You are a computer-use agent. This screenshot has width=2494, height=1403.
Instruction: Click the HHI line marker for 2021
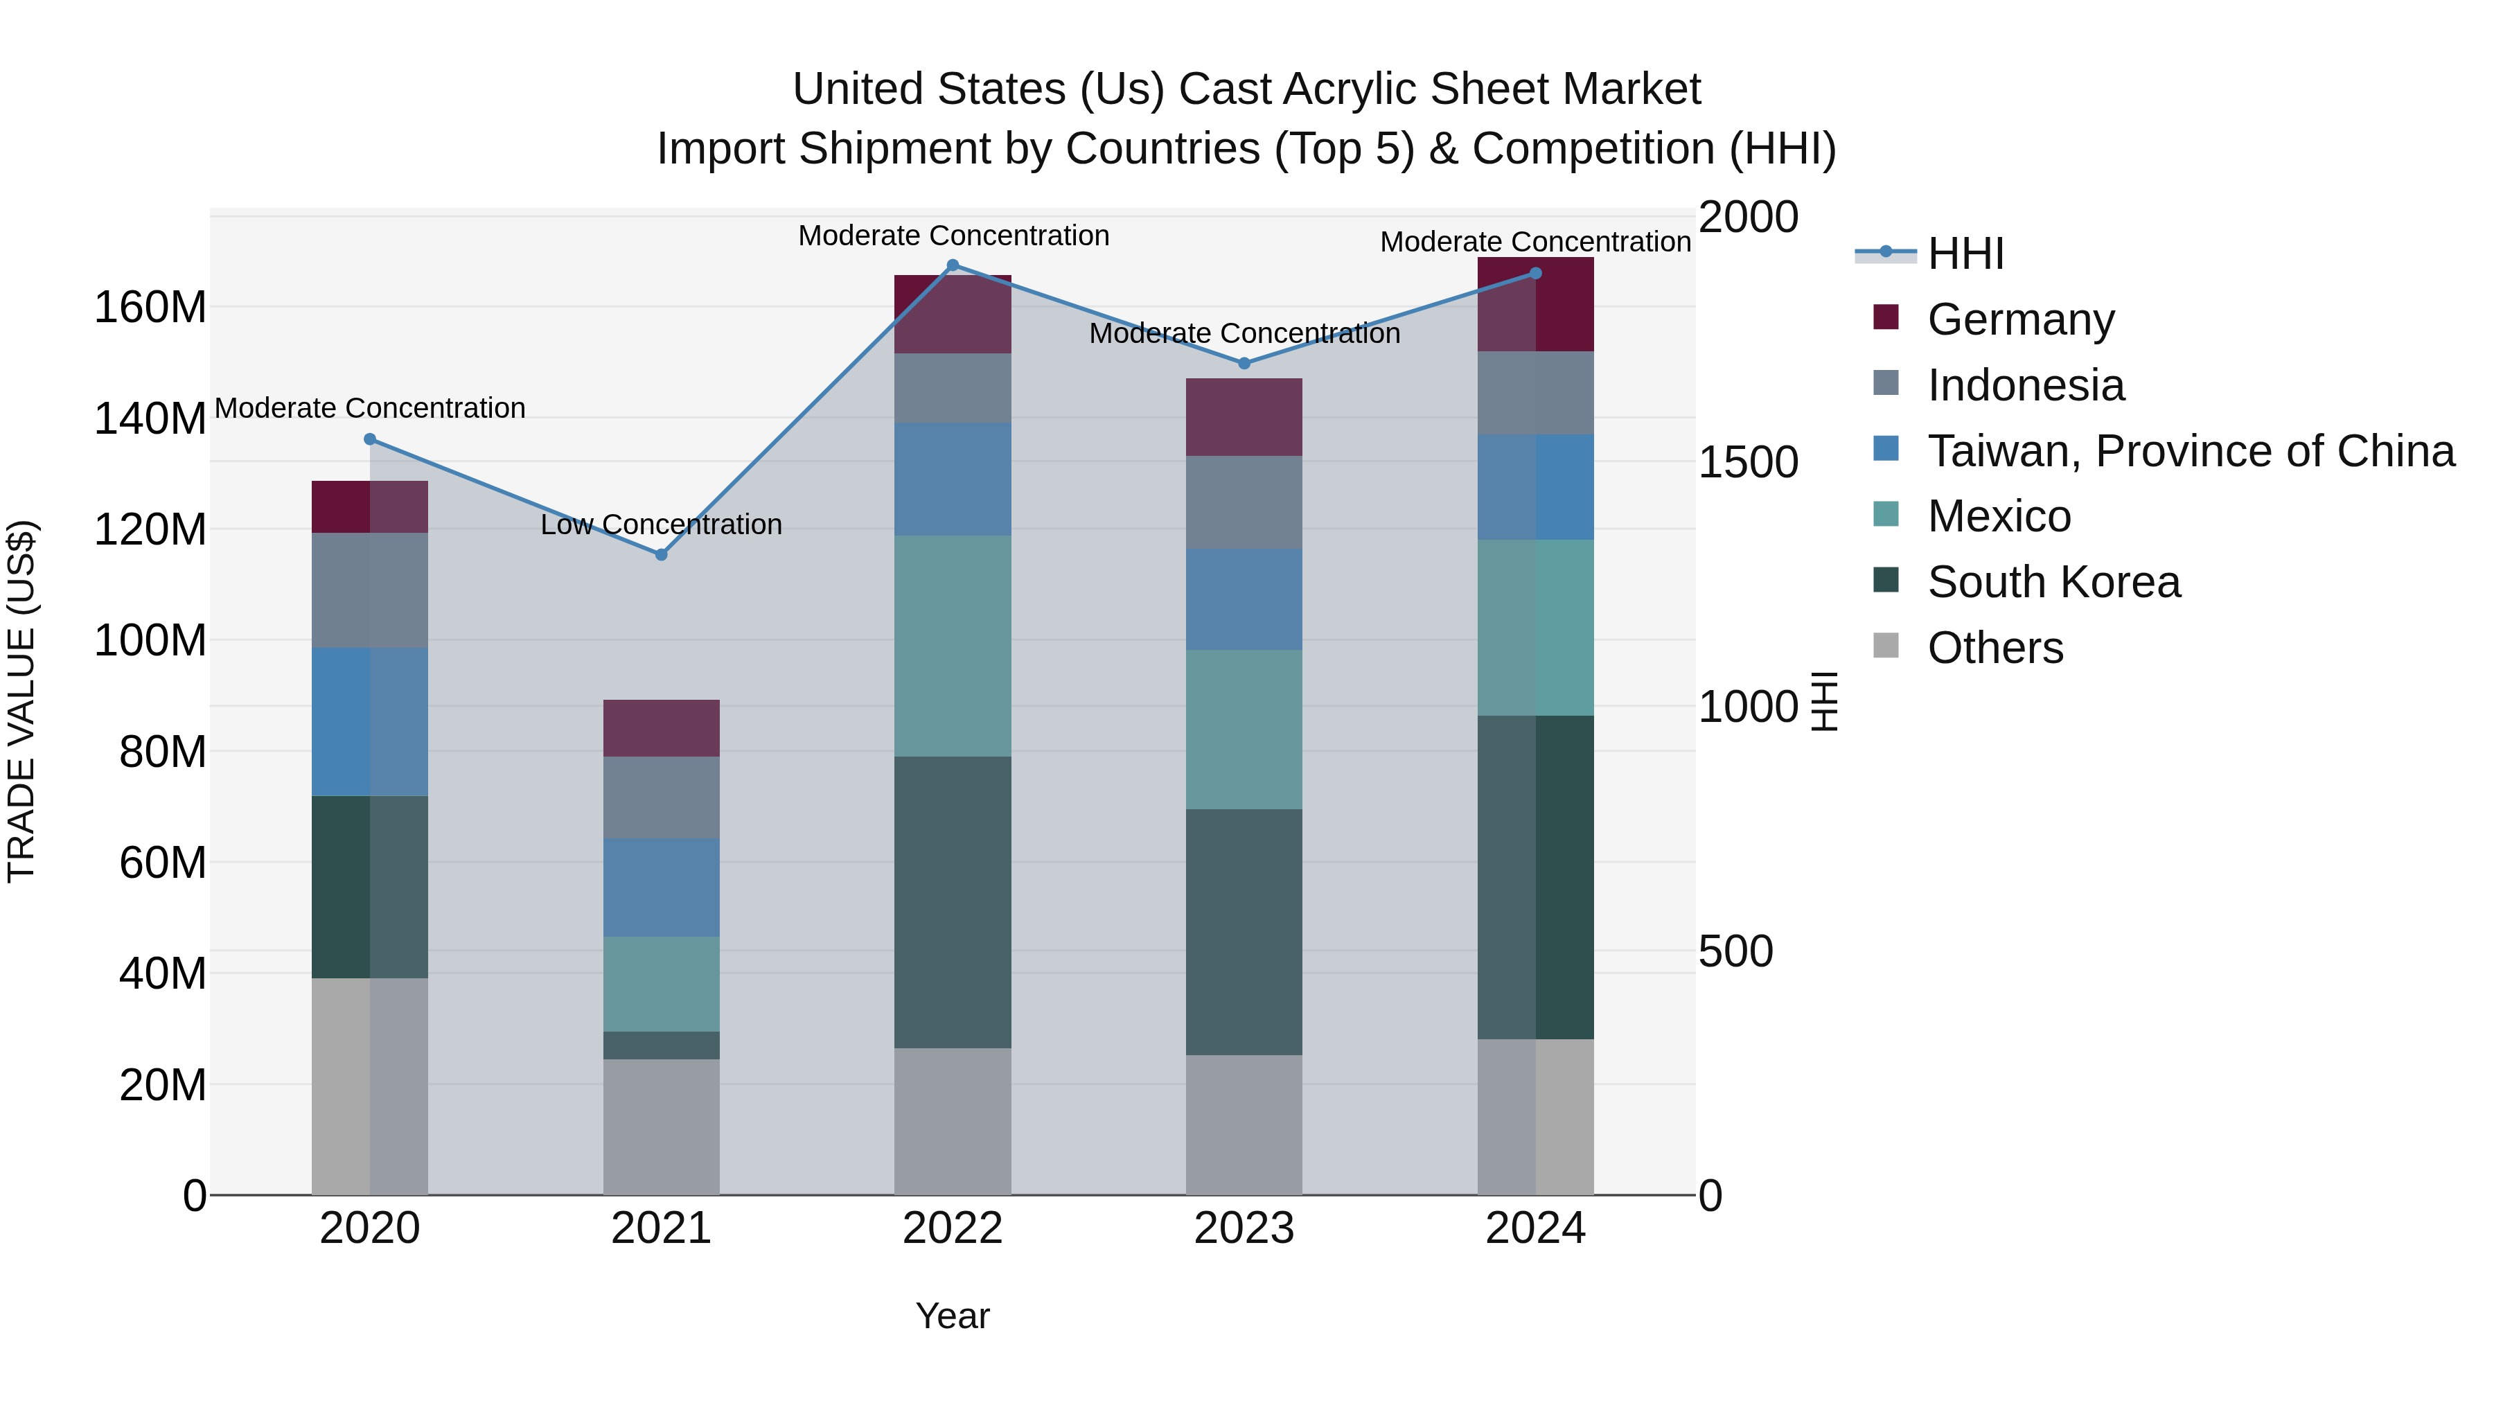[662, 555]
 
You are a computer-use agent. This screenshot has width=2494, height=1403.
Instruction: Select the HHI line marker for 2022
[953, 265]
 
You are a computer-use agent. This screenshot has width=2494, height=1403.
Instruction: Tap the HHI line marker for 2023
[1244, 363]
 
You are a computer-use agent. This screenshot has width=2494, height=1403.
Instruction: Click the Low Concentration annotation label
[662, 524]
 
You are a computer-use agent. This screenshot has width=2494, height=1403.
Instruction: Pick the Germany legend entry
[2021, 319]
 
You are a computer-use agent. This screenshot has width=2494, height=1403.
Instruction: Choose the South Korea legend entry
[2053, 582]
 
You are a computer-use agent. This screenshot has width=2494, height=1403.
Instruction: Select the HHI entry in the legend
[1965, 254]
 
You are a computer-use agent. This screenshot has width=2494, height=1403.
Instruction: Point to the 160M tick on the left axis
[150, 308]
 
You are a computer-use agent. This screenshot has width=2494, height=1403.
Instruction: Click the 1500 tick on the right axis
[1749, 462]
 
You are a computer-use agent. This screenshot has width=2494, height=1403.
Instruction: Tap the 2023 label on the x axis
[1244, 1228]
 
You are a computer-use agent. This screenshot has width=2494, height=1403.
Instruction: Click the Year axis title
[953, 1316]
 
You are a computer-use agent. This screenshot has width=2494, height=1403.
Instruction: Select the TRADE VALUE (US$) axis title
[21, 701]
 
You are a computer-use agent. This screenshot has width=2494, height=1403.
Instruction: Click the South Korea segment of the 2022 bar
[953, 901]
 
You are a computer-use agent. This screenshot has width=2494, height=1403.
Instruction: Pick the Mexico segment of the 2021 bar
[662, 984]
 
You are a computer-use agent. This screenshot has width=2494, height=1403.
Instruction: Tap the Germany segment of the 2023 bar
[1244, 416]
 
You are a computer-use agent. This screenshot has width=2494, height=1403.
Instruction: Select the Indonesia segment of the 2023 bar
[1244, 502]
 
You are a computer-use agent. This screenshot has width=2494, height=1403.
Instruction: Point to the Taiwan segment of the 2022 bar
[953, 479]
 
